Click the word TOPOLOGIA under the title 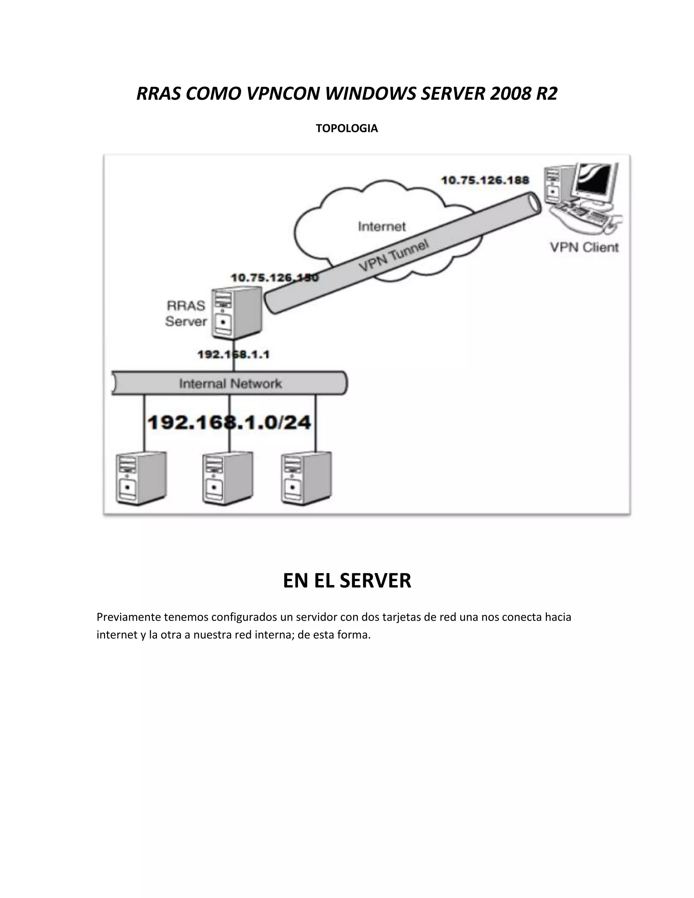[347, 128]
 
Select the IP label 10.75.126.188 [485, 181]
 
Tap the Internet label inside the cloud [382, 227]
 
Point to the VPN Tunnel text [393, 255]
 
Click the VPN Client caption [584, 247]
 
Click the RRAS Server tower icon [237, 313]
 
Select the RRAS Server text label [185, 313]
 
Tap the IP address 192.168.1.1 [233, 354]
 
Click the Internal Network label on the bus [230, 384]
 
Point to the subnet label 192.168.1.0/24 [229, 423]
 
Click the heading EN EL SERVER [347, 580]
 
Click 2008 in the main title [508, 94]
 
